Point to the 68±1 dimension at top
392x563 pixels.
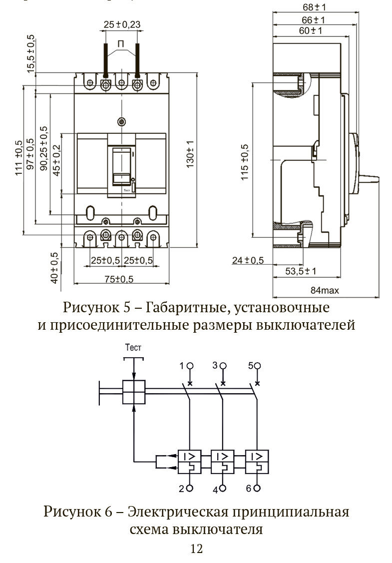click(314, 7)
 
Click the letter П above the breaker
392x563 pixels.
click(121, 44)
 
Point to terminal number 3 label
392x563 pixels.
click(215, 366)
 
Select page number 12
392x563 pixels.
click(196, 549)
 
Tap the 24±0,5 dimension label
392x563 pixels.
click(248, 260)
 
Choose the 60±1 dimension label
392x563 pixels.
click(310, 31)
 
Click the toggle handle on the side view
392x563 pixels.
click(371, 177)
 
